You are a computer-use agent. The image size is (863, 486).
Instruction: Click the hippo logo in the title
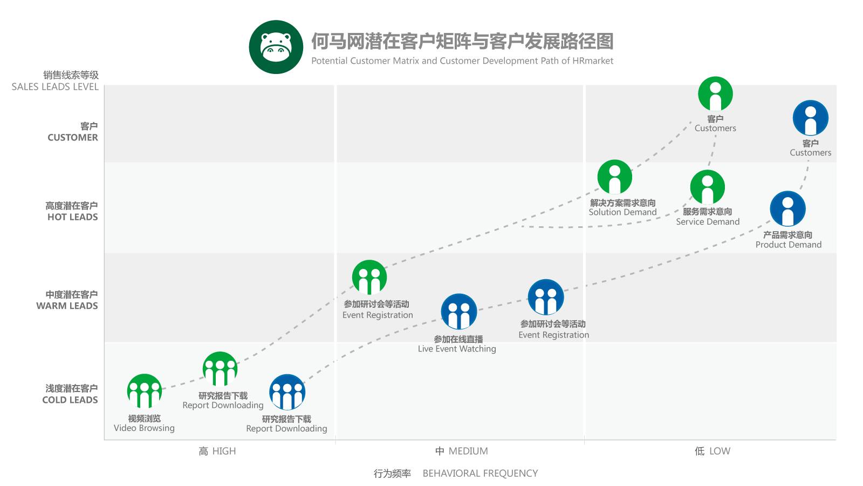point(276,47)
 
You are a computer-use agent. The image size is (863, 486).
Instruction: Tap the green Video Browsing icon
point(145,391)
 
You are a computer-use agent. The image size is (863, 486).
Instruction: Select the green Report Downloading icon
point(220,369)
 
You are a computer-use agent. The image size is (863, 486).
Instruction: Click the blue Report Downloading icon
point(287,392)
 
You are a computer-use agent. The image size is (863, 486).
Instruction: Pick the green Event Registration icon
point(369,278)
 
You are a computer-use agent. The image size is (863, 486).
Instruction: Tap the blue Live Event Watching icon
point(459,312)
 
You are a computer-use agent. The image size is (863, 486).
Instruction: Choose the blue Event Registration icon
point(546,297)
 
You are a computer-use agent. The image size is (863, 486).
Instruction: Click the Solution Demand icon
point(614,177)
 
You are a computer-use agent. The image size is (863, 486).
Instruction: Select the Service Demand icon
point(707,187)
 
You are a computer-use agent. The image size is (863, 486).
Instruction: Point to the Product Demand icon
point(787,208)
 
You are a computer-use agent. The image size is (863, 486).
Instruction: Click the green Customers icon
point(715,94)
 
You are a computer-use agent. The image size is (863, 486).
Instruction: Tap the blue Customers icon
point(810,118)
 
